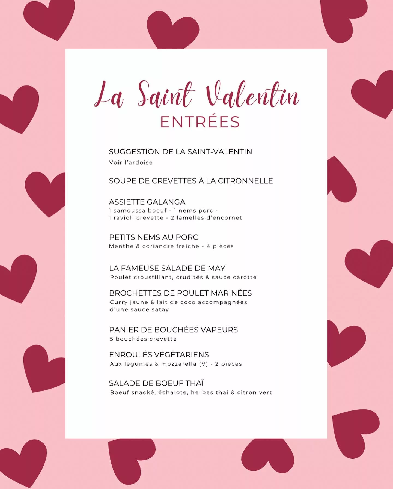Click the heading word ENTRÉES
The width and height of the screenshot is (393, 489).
coord(200,122)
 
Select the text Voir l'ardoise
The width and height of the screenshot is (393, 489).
coord(131,163)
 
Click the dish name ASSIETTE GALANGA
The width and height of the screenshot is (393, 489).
coord(147,202)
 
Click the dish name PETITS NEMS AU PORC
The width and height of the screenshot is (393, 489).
coord(153,237)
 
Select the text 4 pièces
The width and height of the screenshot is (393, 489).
coord(220,246)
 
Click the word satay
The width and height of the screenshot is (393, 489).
coord(161,310)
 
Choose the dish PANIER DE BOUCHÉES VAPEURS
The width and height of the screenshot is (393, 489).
coord(173,330)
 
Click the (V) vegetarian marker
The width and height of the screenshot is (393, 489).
coord(203,364)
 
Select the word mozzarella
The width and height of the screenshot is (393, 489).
coord(179,364)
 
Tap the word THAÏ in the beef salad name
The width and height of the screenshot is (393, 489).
coord(195,383)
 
